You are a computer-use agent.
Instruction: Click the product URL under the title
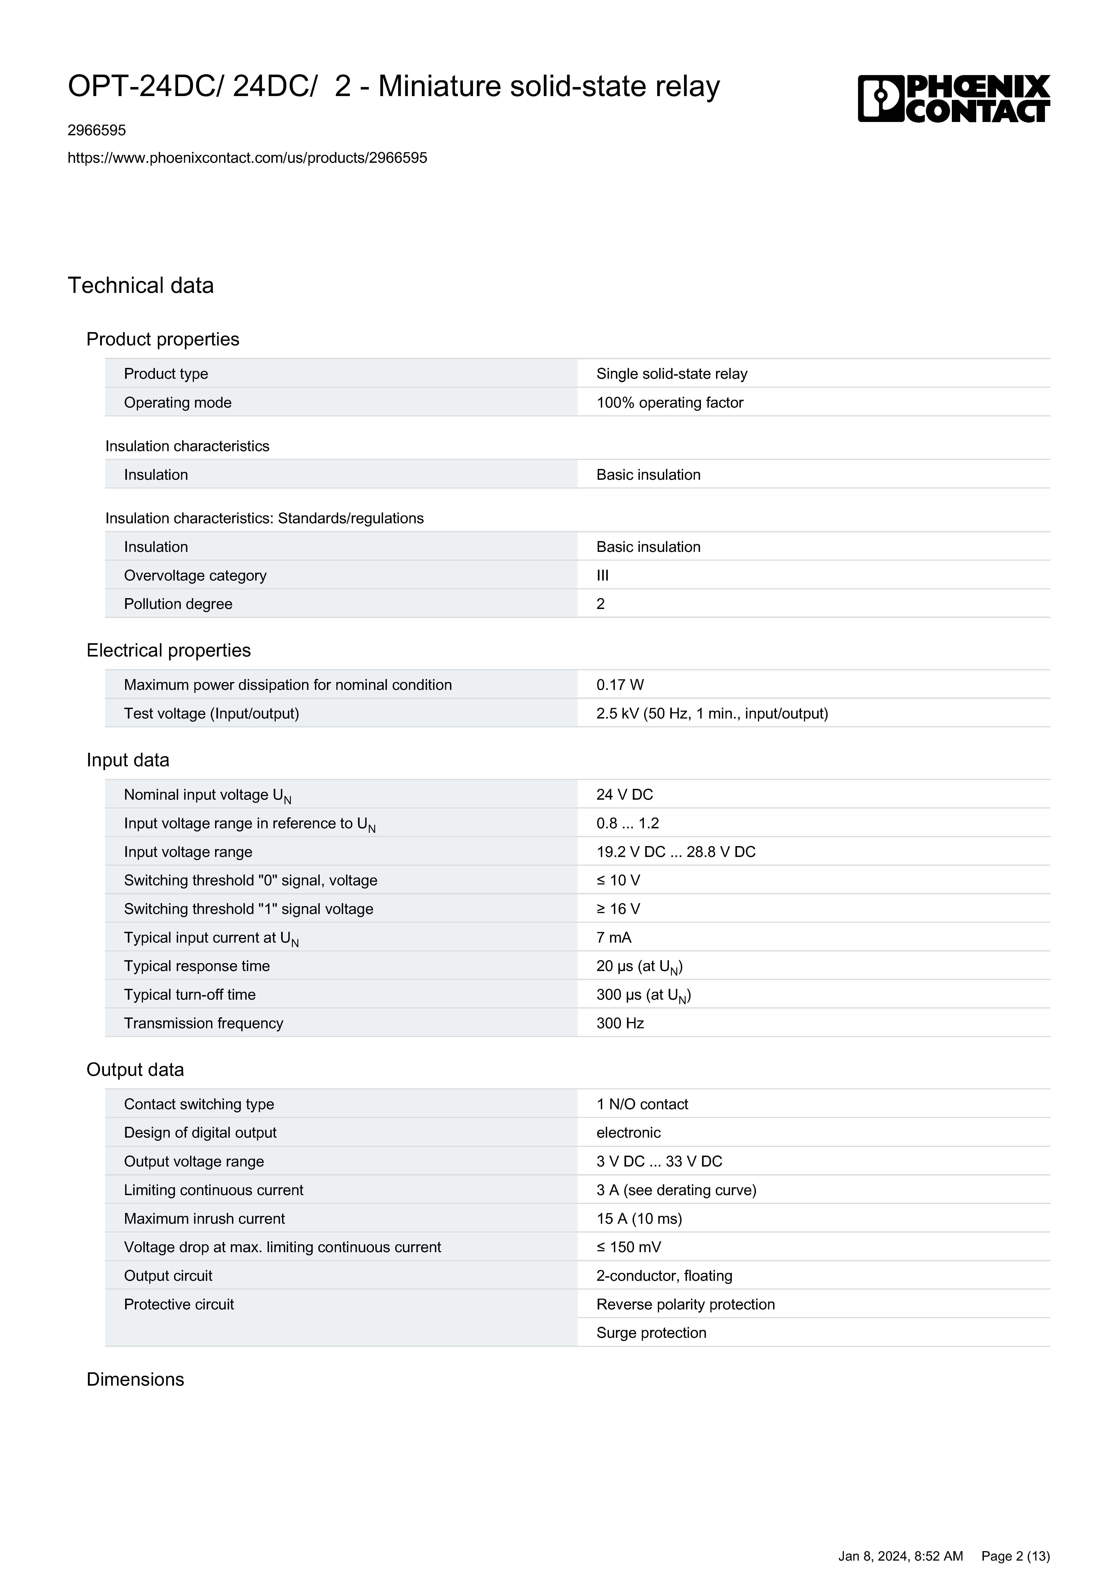(x=247, y=158)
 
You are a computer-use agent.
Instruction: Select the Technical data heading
(x=140, y=285)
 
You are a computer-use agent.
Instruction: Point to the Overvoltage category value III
(x=603, y=575)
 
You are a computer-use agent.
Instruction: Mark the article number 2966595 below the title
(x=96, y=130)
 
